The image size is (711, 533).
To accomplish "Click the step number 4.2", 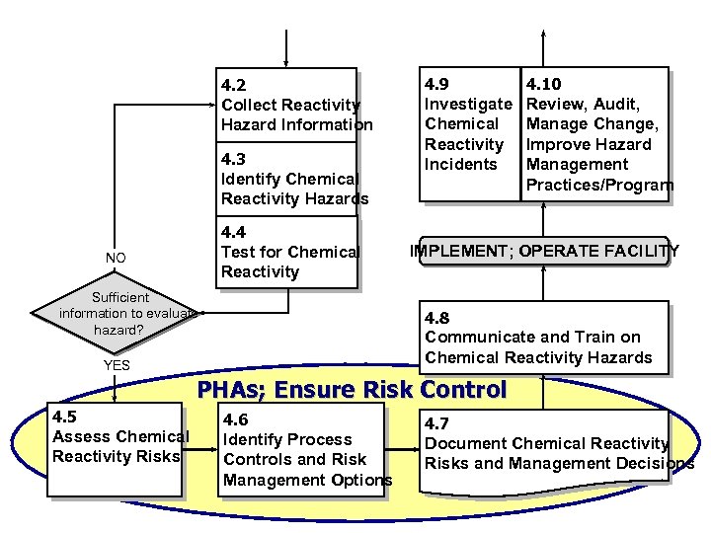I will (x=234, y=85).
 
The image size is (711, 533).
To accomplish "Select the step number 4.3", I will (x=234, y=159).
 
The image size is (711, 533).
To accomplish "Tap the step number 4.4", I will (x=234, y=233).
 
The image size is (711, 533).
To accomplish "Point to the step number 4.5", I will (x=66, y=417).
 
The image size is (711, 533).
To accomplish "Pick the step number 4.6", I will (x=236, y=420).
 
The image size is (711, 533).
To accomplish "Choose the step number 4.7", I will (x=437, y=424).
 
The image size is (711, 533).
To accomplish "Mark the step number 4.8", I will (x=437, y=318).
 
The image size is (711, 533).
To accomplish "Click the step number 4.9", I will (x=437, y=85).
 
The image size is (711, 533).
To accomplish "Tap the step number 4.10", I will (x=545, y=85).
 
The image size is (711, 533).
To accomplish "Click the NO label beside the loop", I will (x=116, y=259).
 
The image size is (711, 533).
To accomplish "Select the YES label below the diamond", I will (x=117, y=365).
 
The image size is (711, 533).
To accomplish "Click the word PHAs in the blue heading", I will (x=234, y=390).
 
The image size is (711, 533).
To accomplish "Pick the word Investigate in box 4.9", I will (x=468, y=104).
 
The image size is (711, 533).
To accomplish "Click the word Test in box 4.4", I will (x=238, y=252).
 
